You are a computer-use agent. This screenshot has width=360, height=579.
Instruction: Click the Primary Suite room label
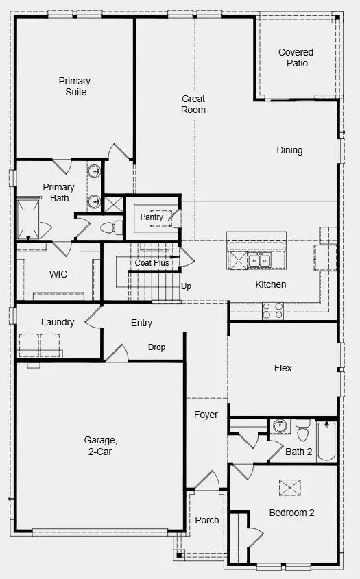coord(74,86)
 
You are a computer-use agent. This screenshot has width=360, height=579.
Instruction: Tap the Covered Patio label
coord(296,58)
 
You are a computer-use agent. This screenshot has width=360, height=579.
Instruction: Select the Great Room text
coord(193,104)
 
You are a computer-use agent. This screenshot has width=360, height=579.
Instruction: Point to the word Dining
coord(289,150)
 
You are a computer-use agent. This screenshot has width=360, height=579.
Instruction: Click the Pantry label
coord(152,217)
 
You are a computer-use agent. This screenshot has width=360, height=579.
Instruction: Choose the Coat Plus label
coord(152,262)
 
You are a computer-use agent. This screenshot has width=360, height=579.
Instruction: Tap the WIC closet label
coord(58,274)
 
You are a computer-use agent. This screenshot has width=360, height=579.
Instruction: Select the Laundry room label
coord(58,322)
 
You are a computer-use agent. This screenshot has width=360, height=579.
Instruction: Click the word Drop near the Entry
coord(156,347)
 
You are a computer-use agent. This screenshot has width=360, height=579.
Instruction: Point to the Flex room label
coord(283,368)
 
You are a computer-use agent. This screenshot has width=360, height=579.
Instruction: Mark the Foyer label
coord(206,415)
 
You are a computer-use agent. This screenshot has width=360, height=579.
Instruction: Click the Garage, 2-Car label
coord(98,446)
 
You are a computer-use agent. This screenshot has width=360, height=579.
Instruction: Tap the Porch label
coord(207,520)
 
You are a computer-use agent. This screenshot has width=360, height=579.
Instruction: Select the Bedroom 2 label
coord(291,513)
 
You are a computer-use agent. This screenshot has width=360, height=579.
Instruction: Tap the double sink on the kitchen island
coord(259,260)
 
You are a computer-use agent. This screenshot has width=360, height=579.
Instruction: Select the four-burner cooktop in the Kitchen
coord(273,310)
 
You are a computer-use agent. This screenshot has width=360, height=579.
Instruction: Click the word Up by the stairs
coord(186,286)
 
